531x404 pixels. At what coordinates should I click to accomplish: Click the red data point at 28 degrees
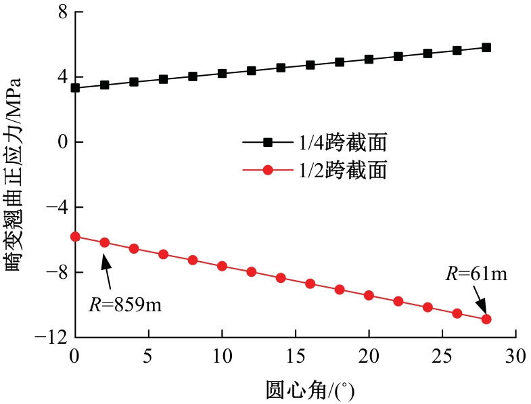point(486,319)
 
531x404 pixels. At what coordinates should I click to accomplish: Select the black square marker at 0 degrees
point(75,88)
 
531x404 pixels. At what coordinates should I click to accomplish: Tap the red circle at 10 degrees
point(222,266)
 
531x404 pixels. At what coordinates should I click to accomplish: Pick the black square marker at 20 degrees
point(369,59)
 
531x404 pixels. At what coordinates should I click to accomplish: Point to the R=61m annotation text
point(476,274)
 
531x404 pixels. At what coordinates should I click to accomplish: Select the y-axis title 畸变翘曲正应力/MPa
point(15,174)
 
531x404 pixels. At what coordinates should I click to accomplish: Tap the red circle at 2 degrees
point(104,242)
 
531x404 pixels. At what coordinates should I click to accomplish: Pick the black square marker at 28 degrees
point(486,47)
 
